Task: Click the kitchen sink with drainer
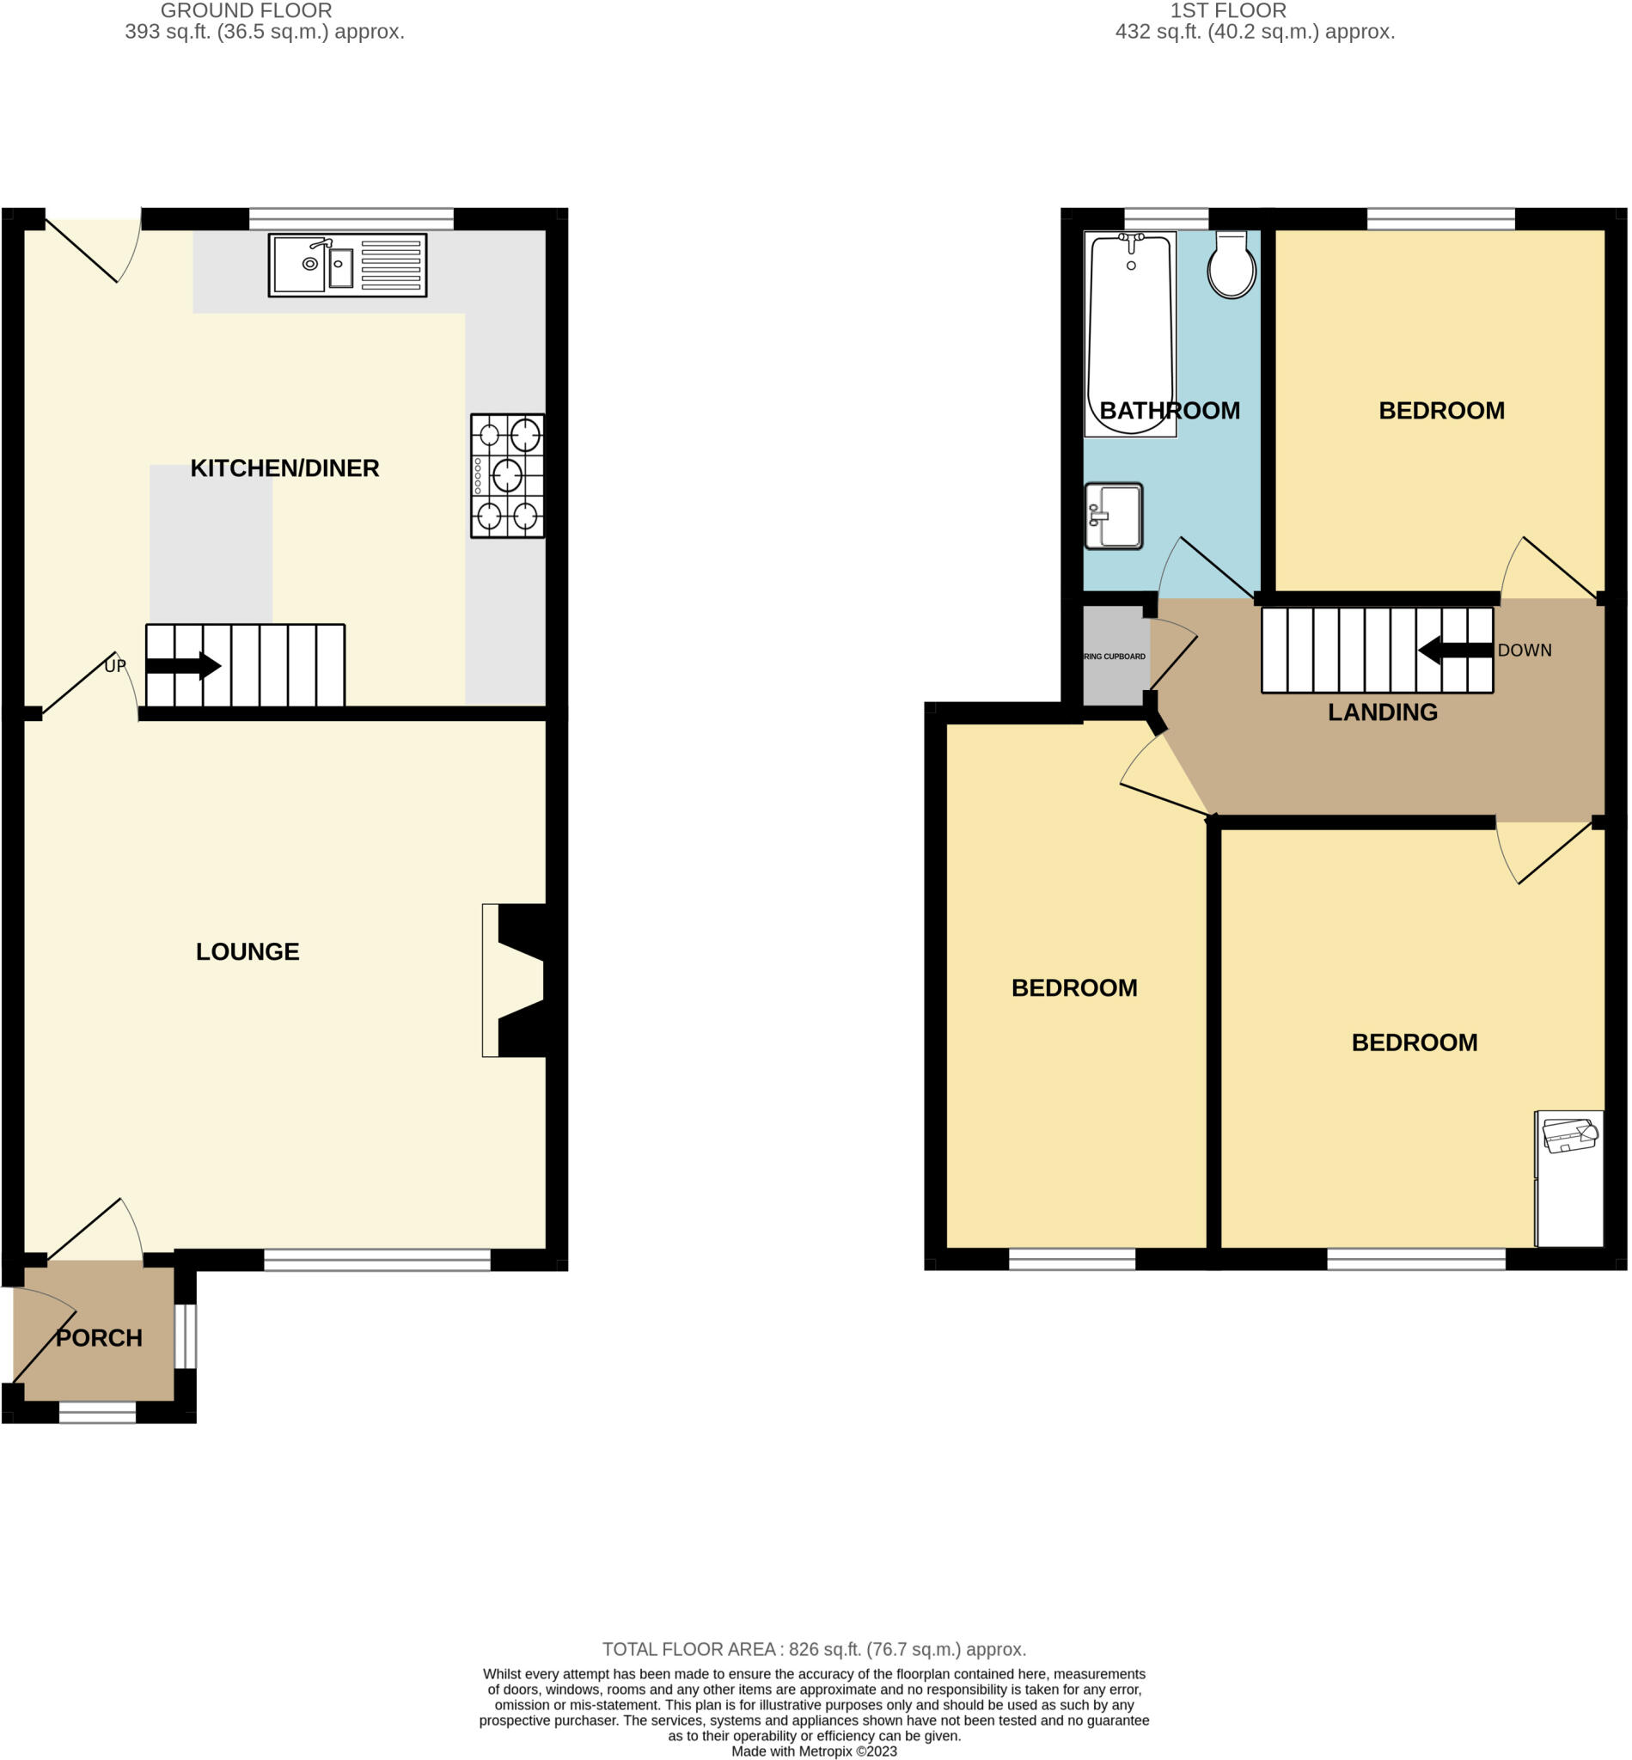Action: (x=347, y=265)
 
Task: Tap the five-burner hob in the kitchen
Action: (x=507, y=476)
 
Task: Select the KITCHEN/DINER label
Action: (x=284, y=468)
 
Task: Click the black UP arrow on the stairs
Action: (x=184, y=666)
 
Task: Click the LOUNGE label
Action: (x=248, y=951)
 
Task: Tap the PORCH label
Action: (x=99, y=1338)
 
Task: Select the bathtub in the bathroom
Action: (x=1130, y=333)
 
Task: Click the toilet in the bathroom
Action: (x=1231, y=265)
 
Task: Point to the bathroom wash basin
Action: (x=1114, y=516)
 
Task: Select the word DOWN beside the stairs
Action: (x=1525, y=650)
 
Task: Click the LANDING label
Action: (x=1382, y=712)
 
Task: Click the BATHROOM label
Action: (x=1170, y=411)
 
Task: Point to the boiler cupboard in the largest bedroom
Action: (x=1569, y=1178)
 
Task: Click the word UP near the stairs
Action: (x=115, y=666)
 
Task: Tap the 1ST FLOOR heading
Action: (x=1227, y=10)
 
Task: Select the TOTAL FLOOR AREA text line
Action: (x=813, y=1649)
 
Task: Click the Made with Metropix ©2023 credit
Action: (x=813, y=1751)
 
